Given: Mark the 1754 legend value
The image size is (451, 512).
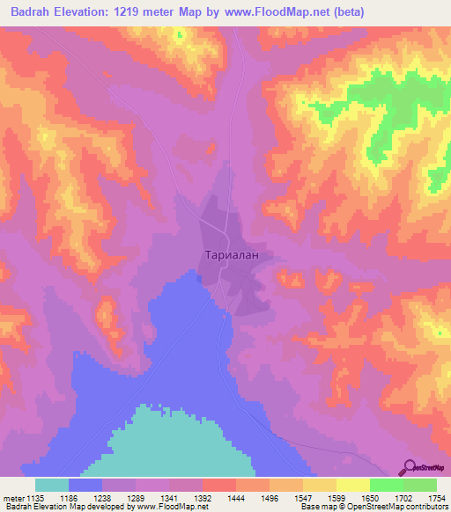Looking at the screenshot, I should click(437, 497).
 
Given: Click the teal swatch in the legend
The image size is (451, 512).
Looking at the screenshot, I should click(52, 485).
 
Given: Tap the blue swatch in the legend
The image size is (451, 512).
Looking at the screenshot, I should click(85, 485).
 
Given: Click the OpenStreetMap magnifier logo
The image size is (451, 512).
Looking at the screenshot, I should click(410, 468).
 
